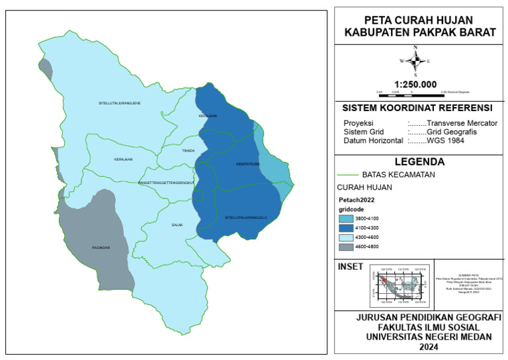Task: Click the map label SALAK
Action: click(x=177, y=225)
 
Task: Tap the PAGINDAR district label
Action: click(x=101, y=247)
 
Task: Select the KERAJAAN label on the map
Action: click(x=123, y=159)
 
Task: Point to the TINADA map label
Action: click(x=189, y=151)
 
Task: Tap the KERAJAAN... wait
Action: click(x=123, y=159)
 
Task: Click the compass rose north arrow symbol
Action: click(x=415, y=61)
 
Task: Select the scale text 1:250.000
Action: click(x=415, y=84)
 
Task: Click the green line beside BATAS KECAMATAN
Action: click(x=349, y=175)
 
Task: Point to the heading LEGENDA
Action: click(x=419, y=161)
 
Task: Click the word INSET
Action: click(x=350, y=267)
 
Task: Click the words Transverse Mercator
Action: click(x=462, y=123)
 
